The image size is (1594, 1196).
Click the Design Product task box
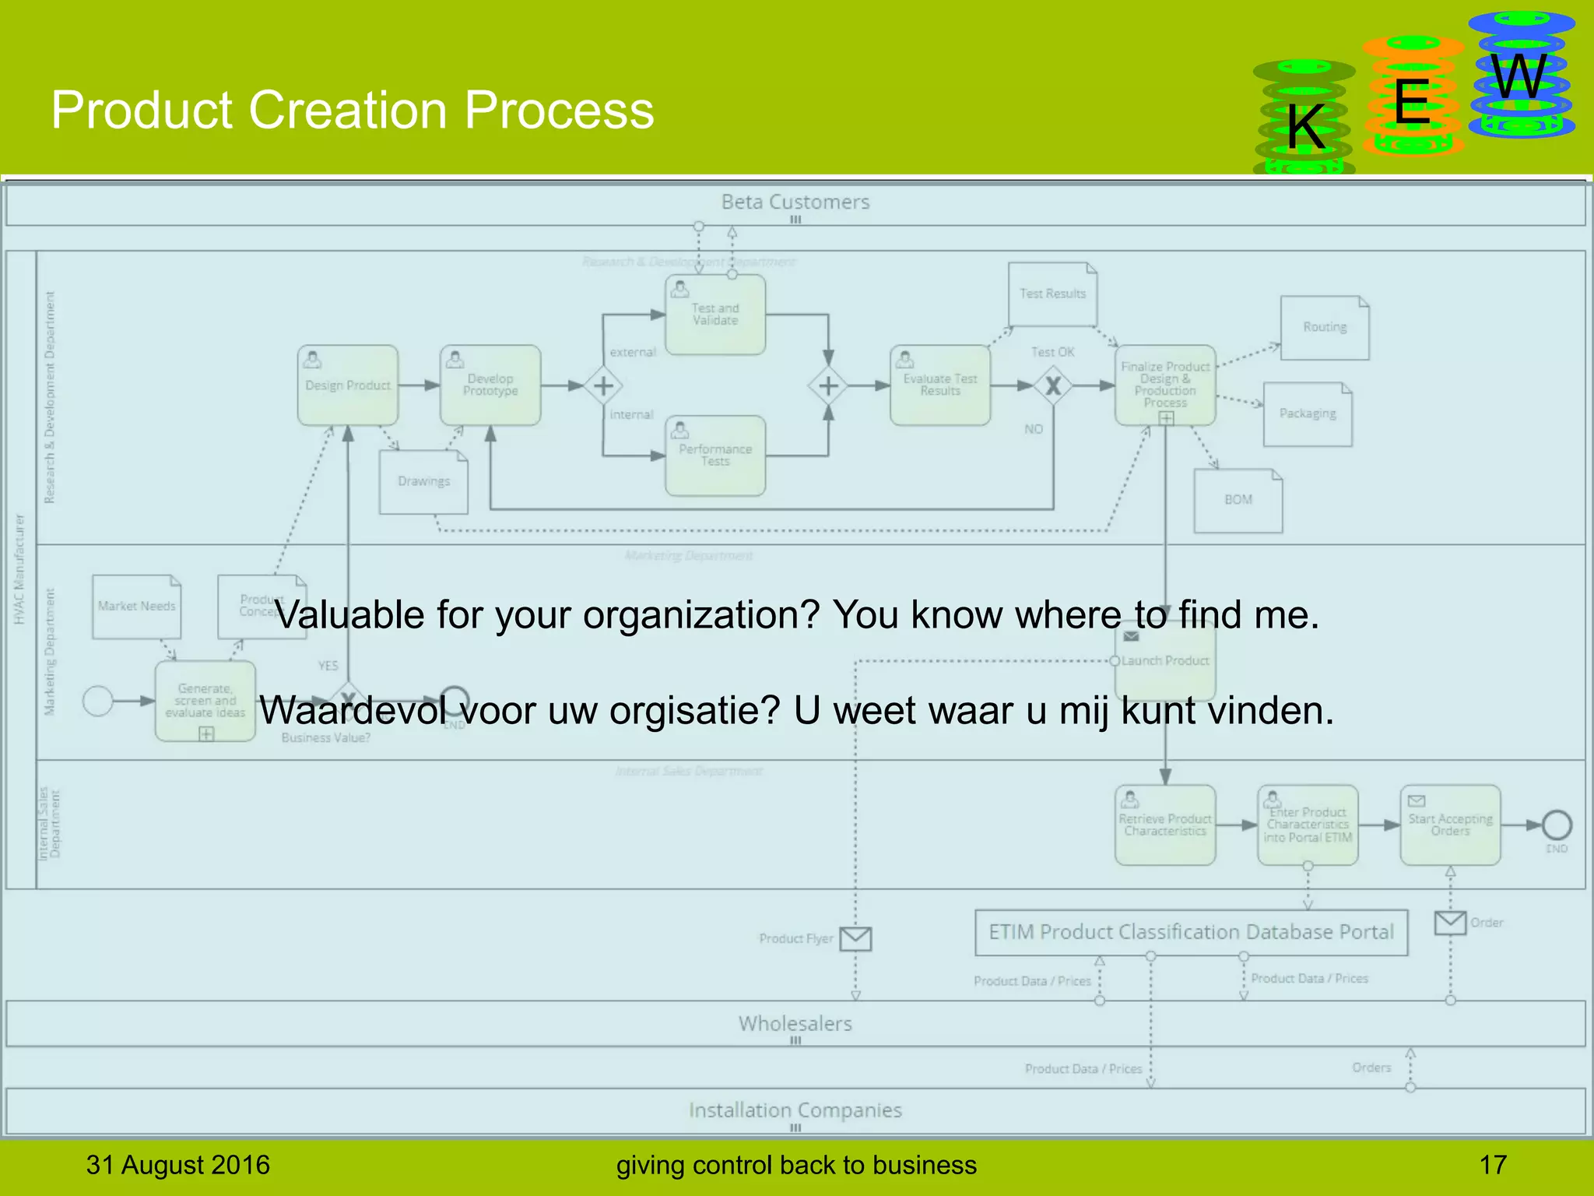point(348,385)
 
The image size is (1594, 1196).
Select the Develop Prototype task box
point(490,385)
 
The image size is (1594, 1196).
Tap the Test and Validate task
point(715,315)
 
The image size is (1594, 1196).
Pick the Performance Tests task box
point(715,456)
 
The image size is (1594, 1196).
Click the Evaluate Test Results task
point(940,385)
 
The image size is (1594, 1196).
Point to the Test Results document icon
point(1052,294)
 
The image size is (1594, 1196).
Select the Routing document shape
point(1325,328)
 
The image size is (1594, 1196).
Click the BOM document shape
point(1238,500)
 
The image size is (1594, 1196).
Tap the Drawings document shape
point(423,482)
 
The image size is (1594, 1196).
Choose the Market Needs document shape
point(136,607)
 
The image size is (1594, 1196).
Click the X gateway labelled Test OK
point(1053,385)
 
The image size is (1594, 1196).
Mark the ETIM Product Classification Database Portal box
point(1191,932)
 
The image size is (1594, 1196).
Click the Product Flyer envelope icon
point(855,939)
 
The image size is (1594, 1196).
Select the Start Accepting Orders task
point(1450,825)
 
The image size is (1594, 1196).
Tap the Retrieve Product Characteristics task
point(1165,825)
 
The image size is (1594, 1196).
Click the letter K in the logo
point(1305,127)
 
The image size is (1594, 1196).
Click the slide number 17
point(1493,1165)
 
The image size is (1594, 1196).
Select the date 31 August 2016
point(177,1165)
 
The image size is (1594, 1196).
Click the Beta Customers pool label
point(795,202)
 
